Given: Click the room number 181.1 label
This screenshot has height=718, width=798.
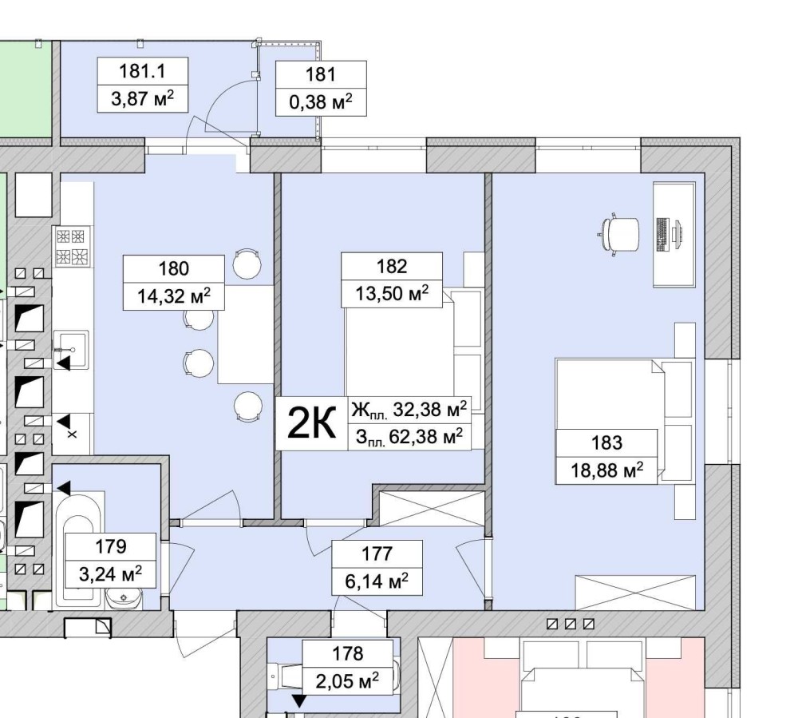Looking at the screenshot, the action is pos(142,71).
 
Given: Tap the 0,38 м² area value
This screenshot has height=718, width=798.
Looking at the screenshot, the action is pos(321,102).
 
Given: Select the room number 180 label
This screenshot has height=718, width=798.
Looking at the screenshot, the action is pos(173,268).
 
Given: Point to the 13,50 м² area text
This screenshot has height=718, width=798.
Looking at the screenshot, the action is pos(391,293).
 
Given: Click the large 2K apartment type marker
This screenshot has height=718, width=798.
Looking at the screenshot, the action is pos(311,422).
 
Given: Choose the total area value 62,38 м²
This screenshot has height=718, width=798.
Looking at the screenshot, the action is pos(425,436).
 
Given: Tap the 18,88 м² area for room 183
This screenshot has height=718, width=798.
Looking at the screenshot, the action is pos(606,470).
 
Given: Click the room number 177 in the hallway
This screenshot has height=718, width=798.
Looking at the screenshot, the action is pos(377,553).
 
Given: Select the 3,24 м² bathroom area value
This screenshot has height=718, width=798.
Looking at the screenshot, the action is pos(110,574).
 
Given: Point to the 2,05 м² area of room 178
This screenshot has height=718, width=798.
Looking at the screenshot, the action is pos(347,680).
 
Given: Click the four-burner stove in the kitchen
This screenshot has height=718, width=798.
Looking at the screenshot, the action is pos(71,247).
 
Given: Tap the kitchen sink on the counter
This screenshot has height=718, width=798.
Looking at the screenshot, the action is pos(71,350).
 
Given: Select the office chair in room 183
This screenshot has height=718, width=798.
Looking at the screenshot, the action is pos(618,235).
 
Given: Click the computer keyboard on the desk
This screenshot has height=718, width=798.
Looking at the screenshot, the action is pos(662,235).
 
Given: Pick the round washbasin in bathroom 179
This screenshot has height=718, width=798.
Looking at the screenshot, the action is pos(124,597).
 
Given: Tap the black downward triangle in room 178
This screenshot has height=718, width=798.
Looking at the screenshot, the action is pos(298,702).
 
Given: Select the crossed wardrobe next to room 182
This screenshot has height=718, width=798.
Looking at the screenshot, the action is pos(432,508).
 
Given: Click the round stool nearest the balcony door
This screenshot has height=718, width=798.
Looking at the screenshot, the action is pos(247,264).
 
